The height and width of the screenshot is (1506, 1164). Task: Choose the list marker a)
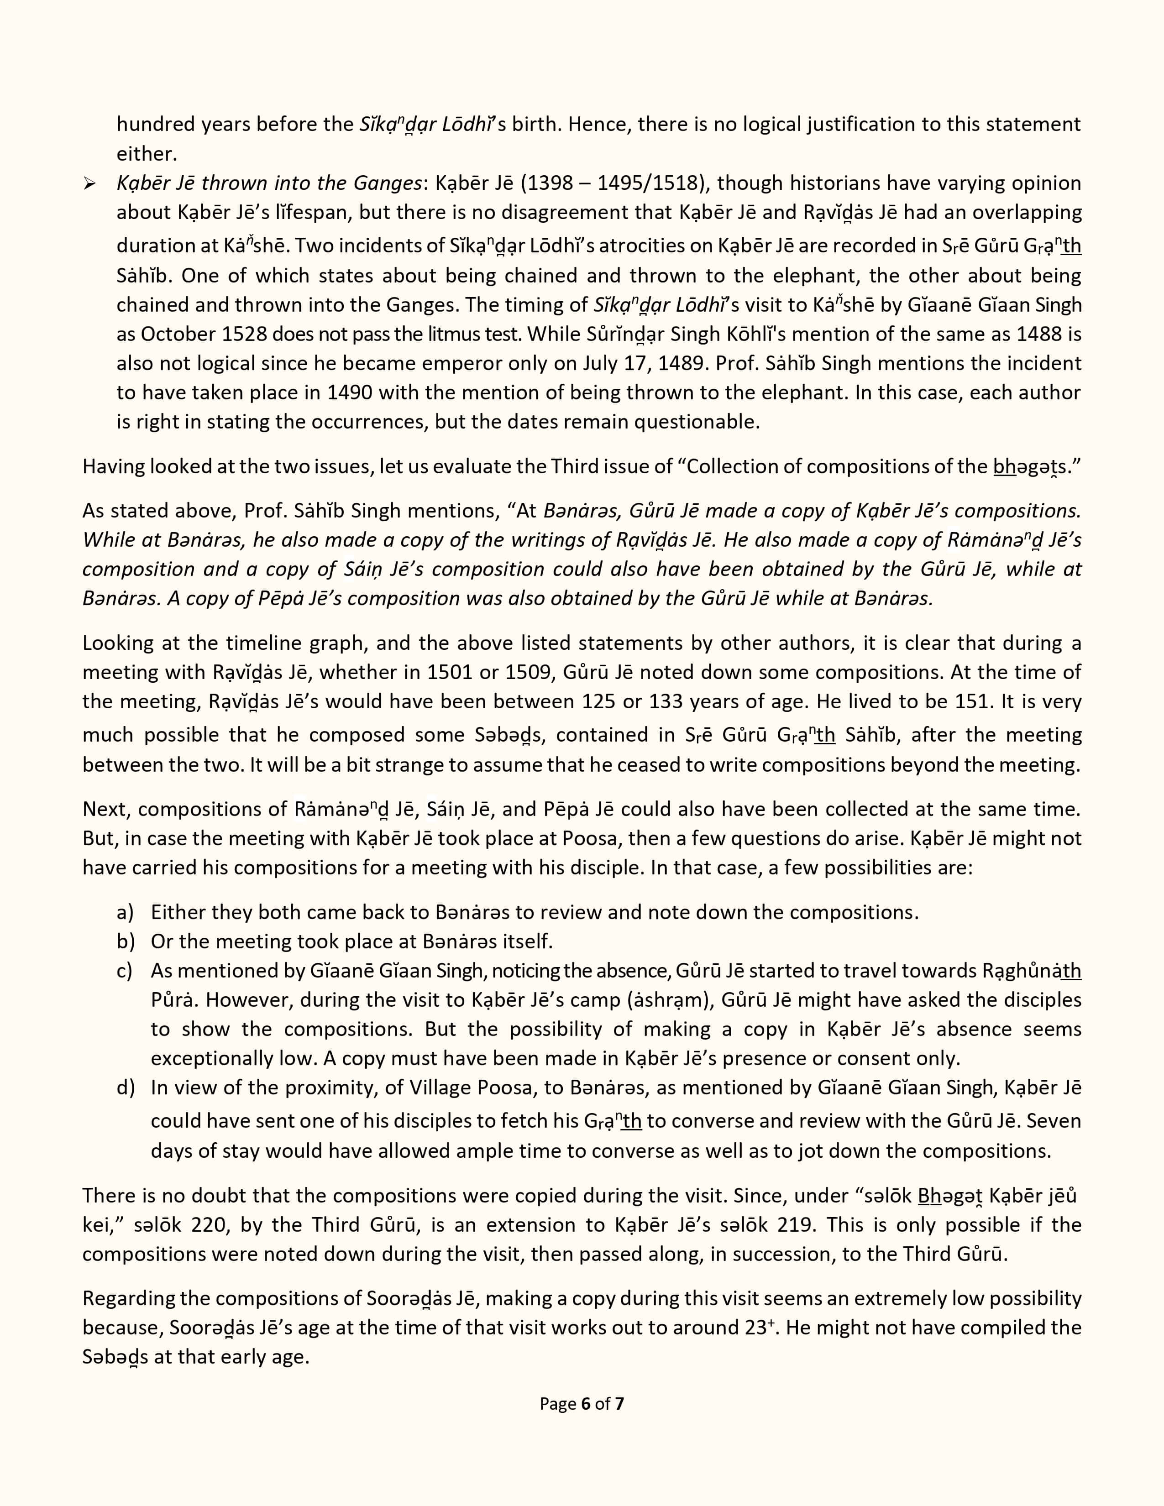point(125,912)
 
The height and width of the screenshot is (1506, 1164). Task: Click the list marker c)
point(125,970)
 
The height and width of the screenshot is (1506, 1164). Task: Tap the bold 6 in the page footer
point(586,1403)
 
